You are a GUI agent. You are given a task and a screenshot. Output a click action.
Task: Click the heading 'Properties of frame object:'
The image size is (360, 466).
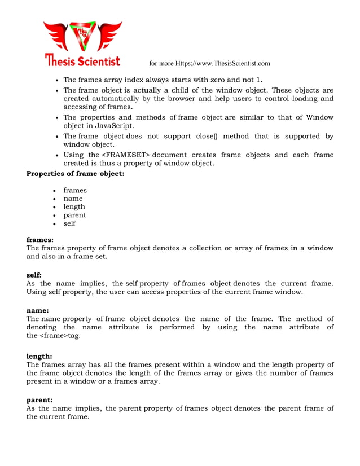point(75,174)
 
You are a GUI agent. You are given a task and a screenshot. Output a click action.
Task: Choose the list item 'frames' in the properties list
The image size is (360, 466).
point(75,190)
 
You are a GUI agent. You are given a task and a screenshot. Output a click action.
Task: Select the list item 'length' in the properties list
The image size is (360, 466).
point(74,206)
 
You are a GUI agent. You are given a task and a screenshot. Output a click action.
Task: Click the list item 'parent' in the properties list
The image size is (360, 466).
point(74,215)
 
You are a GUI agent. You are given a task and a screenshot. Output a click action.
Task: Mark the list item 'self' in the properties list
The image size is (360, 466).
point(69,223)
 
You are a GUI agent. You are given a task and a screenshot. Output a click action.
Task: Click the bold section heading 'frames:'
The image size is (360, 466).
point(40,240)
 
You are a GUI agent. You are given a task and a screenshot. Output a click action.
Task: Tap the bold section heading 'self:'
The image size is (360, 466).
point(34,275)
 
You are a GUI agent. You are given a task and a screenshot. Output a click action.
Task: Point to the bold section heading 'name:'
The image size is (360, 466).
point(38,311)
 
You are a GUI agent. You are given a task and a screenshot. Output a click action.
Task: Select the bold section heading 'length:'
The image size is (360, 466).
point(39,357)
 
